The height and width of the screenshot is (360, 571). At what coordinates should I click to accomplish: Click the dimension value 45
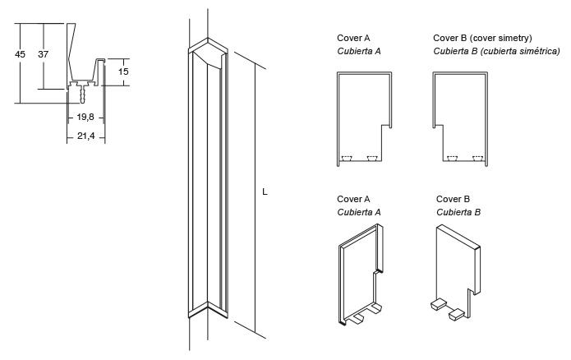point(21,54)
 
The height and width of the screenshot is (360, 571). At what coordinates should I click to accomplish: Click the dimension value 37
point(44,54)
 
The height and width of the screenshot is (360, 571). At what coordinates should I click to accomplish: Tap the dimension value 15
point(123,72)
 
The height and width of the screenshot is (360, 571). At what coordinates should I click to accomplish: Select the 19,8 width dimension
point(85,117)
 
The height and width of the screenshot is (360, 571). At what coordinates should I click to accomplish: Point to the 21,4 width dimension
point(85,136)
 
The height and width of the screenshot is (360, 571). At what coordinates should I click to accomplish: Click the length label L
point(265,192)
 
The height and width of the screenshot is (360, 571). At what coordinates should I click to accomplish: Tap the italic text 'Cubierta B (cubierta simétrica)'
point(496,51)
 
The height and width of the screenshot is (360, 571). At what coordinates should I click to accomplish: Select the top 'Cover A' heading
point(353,38)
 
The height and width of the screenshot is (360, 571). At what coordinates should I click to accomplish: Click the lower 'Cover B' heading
point(453,199)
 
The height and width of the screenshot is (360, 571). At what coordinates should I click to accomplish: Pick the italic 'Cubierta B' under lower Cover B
point(458,212)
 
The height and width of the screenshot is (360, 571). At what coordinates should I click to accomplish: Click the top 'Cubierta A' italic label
point(358,51)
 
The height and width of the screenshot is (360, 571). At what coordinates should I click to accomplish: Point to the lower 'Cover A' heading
point(353,199)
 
